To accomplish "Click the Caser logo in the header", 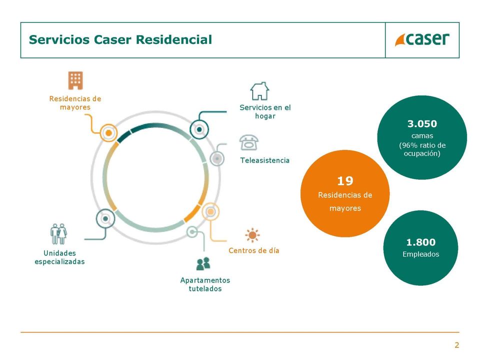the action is (x=422, y=39).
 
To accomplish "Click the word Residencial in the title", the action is (x=174, y=40).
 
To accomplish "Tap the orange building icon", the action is (x=75, y=80).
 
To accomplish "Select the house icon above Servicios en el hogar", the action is (x=259, y=91).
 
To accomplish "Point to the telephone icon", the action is (x=249, y=142).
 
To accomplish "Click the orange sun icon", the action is (x=252, y=235).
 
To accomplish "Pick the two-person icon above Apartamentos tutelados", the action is (x=203, y=263).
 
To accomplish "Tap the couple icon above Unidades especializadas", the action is (x=58, y=234).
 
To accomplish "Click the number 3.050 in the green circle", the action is (x=422, y=123).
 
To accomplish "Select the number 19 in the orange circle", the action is (x=345, y=181).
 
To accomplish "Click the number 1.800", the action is (x=420, y=242).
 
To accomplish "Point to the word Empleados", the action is (x=420, y=254).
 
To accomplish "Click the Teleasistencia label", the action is (x=265, y=160).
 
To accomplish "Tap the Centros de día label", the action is (x=254, y=250).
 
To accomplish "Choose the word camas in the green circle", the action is (x=422, y=135).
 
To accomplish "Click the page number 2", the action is (x=456, y=345).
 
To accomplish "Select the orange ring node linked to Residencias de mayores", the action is (x=108, y=133).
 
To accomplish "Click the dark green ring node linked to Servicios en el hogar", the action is (x=199, y=129).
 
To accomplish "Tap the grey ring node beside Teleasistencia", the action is (x=217, y=158).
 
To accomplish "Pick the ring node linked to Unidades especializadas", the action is (x=105, y=218).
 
